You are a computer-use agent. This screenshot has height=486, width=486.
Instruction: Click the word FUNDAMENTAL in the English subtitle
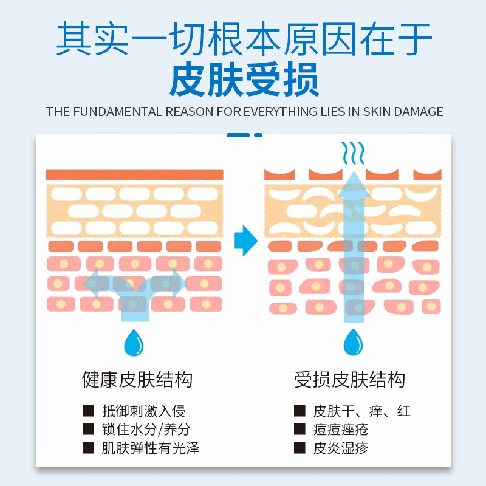122,112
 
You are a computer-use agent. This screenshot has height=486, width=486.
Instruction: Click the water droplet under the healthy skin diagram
133,343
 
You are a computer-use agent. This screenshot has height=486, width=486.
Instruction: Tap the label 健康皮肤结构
137,380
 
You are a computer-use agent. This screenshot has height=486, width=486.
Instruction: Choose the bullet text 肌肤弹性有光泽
150,449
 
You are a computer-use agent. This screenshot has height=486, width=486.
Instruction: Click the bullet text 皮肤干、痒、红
361,411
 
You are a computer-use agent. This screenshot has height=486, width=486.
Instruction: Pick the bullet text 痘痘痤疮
340,430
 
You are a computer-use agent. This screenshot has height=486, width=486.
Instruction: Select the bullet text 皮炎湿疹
340,449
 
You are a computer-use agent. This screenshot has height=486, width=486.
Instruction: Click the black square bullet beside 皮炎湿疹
299,449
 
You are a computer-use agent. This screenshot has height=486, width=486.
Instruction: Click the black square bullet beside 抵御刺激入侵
89,411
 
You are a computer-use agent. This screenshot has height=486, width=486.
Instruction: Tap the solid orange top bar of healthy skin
134,175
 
